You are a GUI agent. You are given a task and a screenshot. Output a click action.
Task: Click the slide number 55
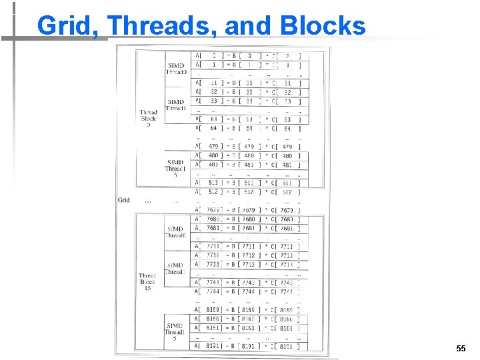(460, 349)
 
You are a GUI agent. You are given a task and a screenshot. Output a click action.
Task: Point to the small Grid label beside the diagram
(124, 200)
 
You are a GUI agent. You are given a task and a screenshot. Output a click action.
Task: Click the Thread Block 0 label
(149, 119)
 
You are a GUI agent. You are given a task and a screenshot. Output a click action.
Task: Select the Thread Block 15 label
(147, 281)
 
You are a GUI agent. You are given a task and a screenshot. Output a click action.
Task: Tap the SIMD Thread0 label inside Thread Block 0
(176, 69)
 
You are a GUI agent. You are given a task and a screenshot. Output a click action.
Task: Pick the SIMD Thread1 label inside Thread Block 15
(175, 269)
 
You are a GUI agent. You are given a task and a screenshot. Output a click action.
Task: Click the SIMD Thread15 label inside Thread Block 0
(175, 168)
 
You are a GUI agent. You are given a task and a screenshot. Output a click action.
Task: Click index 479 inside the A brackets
(213, 147)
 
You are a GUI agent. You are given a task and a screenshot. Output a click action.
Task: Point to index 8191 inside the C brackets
(287, 346)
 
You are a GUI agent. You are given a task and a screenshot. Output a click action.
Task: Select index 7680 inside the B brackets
(248, 219)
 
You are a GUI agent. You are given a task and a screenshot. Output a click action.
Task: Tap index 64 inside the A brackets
(213, 129)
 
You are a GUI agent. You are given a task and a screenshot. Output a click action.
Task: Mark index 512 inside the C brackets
(287, 192)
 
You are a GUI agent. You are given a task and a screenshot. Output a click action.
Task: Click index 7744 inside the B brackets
(248, 291)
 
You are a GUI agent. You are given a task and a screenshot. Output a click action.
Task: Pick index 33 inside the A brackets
(213, 101)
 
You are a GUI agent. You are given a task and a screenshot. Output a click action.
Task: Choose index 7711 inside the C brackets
(287, 247)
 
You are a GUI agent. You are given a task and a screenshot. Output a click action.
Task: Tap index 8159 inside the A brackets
(213, 310)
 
